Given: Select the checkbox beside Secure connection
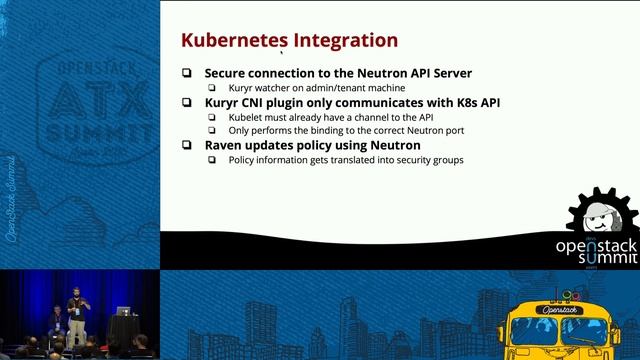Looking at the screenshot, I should (187, 73).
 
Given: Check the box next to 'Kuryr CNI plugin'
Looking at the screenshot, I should (187, 103).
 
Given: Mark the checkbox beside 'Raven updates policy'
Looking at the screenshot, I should (187, 145).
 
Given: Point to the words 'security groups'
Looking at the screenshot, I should (429, 160).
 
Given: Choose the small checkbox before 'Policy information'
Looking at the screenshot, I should (212, 160).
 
